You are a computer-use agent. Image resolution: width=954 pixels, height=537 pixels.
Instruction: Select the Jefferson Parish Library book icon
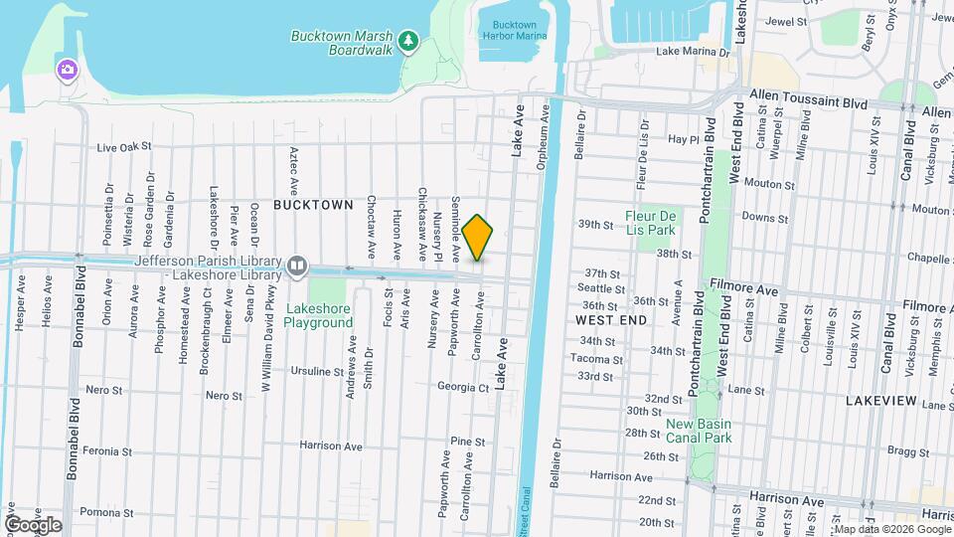tap(296, 267)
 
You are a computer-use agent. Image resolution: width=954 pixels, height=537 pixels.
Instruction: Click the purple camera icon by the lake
tap(67, 69)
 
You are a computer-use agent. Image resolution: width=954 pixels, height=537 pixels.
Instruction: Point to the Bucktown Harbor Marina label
tap(514, 30)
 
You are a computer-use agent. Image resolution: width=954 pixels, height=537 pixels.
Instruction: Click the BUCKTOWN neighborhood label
tap(313, 205)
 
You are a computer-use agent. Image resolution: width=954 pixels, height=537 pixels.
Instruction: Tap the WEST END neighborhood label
tap(611, 319)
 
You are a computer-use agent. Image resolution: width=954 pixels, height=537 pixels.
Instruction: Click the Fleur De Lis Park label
tap(651, 222)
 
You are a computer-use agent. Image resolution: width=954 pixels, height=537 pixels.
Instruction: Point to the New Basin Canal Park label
tap(700, 430)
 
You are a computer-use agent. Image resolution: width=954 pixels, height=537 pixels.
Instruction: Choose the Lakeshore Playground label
tap(319, 315)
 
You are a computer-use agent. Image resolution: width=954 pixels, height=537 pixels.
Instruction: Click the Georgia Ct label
tap(463, 387)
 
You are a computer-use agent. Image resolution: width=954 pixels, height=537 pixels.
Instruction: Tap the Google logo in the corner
tap(33, 524)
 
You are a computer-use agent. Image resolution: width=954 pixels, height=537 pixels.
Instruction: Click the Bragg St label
tap(906, 451)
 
